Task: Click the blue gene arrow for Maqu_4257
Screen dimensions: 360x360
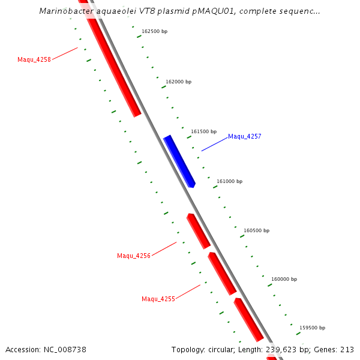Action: click(179, 161)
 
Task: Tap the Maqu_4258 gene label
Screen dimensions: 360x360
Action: click(34, 59)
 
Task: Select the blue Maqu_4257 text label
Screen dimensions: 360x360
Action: click(244, 137)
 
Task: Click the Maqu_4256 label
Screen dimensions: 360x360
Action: click(133, 256)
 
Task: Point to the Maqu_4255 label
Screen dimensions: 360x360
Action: click(158, 299)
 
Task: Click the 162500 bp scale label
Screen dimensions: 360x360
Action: click(154, 31)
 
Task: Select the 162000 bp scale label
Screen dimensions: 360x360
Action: click(178, 82)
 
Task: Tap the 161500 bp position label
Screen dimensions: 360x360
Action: click(203, 131)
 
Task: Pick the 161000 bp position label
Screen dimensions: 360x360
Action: click(229, 181)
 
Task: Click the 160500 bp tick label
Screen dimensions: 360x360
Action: click(256, 230)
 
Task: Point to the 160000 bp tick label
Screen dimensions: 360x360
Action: click(284, 279)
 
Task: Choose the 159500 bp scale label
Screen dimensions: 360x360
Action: click(312, 328)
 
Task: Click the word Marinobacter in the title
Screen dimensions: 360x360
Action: click(65, 11)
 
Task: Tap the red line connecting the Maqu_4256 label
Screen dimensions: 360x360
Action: click(164, 249)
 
